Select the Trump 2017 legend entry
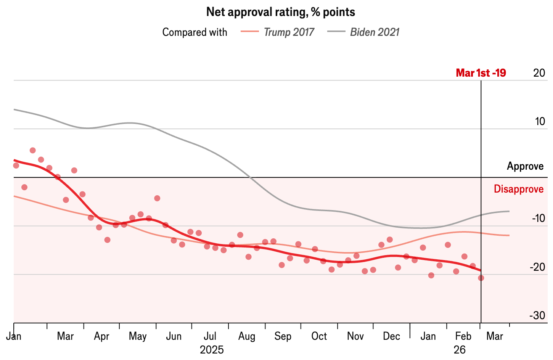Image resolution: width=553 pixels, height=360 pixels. pos(277,32)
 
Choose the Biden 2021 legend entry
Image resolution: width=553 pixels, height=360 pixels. pos(363,32)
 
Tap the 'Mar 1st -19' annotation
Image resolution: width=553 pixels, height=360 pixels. pos(481,73)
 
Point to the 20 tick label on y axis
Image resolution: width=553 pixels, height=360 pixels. pos(539,73)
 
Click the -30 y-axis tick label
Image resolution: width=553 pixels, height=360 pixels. pos(537,315)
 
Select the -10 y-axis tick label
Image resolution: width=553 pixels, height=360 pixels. pos(539,218)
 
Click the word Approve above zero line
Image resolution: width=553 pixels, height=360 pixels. pos(526,166)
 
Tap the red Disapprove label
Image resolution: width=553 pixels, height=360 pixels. pos(519,189)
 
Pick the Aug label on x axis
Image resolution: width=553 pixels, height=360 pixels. pos(247,336)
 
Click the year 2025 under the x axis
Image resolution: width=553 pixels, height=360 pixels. pos(212,350)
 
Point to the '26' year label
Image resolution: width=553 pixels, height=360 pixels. pos(460,350)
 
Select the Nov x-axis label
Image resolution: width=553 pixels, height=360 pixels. pos(355,336)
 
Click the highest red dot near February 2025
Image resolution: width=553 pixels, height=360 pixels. pos(32,150)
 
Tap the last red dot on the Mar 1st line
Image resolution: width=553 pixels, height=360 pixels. pos(481,278)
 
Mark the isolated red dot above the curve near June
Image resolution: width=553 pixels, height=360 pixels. pos(157,198)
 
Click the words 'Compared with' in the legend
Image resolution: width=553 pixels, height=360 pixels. pos(195,32)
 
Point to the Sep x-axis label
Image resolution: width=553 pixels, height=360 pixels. pos(283,336)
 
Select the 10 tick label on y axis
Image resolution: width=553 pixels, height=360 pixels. pos(540,122)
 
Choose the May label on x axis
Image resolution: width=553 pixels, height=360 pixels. pos(138,337)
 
